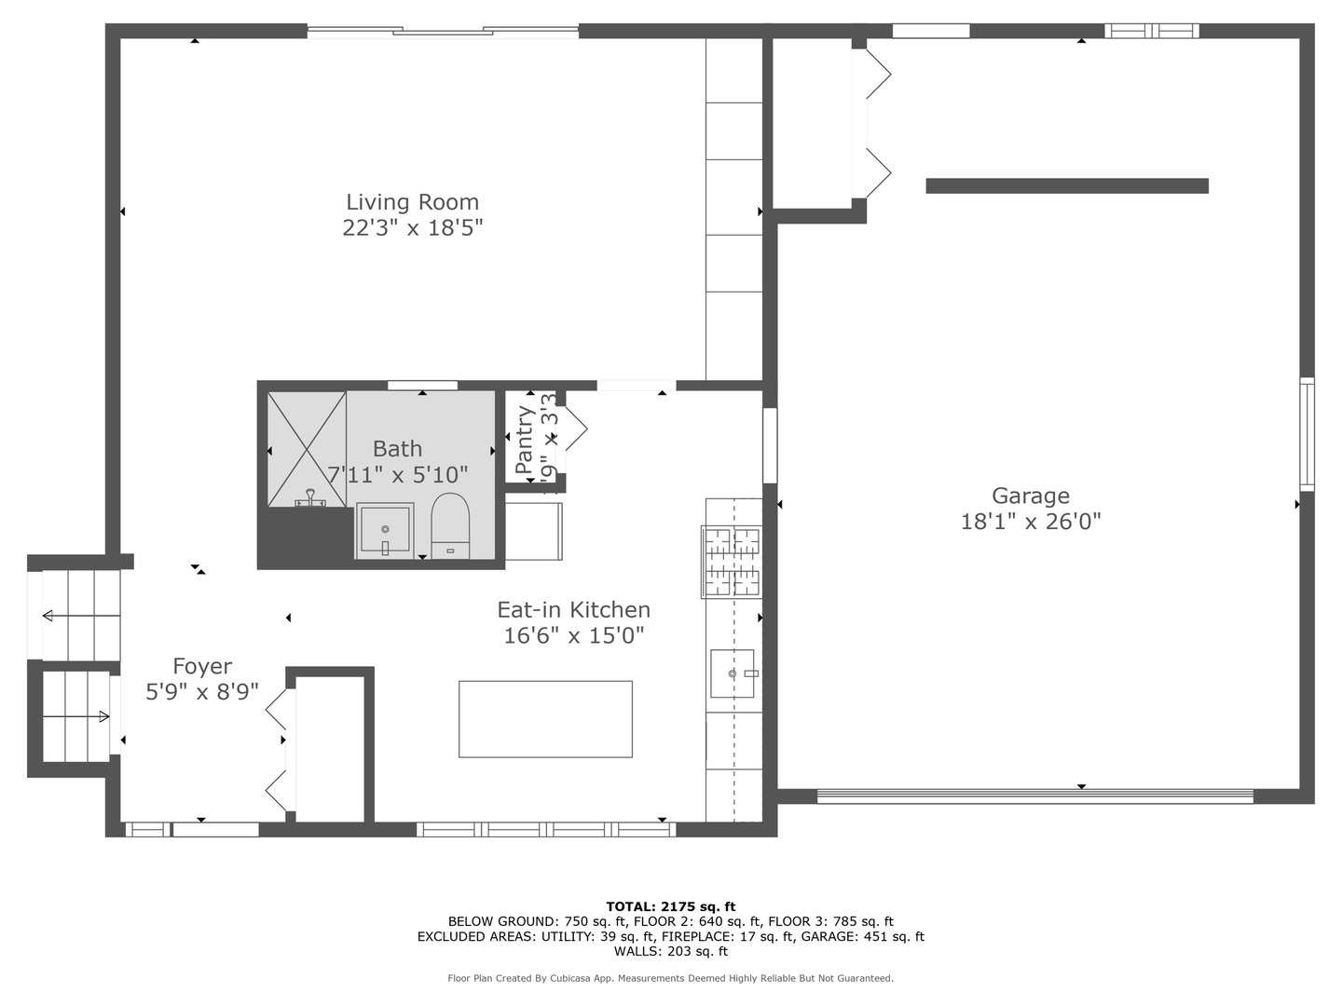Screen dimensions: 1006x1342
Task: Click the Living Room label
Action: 412,202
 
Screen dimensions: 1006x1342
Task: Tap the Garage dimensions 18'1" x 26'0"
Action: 1030,521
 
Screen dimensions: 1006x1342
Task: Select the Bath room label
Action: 397,449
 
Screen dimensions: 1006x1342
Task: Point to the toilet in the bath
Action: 450,525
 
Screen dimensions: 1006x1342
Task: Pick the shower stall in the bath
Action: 307,449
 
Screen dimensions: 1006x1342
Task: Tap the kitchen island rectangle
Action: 545,718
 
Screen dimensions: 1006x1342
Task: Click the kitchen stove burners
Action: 732,562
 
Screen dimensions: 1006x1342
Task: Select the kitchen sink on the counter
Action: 732,673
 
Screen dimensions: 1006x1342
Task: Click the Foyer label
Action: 202,667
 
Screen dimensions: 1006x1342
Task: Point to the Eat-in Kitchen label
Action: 573,610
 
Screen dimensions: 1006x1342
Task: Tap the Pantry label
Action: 525,438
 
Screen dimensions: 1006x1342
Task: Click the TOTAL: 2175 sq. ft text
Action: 670,906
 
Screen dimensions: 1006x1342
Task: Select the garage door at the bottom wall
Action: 1034,796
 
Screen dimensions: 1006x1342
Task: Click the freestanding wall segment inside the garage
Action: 1067,186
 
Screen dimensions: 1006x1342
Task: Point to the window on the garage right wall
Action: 1307,434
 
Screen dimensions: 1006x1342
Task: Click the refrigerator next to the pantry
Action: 534,531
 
